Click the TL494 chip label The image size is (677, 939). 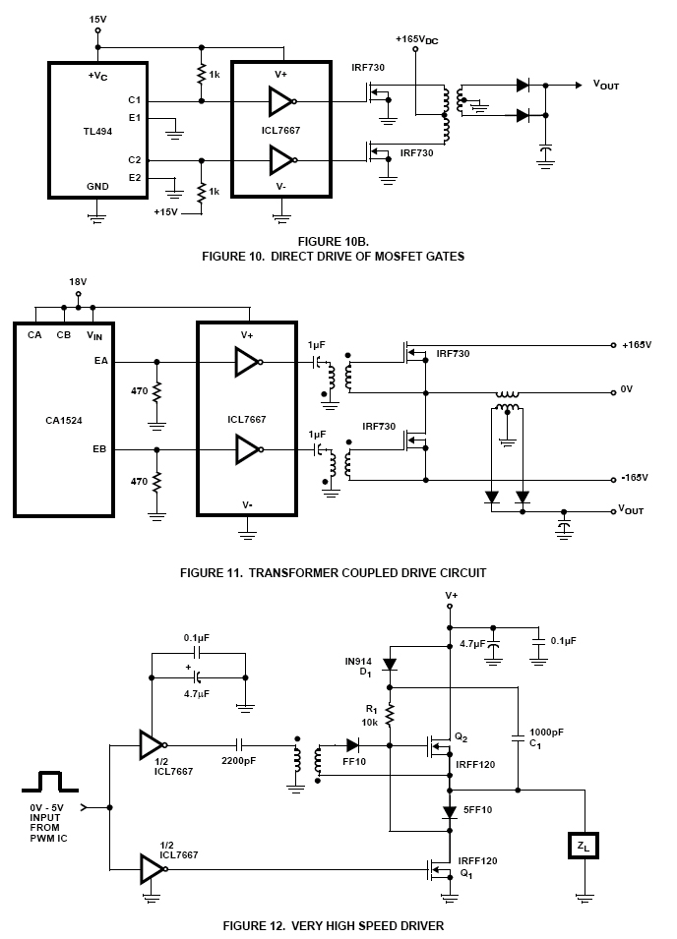97,131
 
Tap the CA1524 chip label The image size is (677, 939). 64,421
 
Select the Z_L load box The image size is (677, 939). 583,846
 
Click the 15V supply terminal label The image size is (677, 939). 97,20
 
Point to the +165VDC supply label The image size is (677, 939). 417,39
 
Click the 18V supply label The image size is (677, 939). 78,281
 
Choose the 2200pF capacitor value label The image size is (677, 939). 238,761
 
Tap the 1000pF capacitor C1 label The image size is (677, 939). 546,737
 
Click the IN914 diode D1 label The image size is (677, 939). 358,667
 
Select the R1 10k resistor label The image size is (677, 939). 371,716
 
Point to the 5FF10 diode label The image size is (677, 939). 477,809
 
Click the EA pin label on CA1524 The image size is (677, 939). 100,361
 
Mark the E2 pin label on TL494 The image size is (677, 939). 134,177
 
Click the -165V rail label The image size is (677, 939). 635,477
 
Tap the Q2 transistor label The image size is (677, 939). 461,737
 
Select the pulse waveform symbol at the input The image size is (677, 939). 50,781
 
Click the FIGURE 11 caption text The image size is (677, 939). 334,573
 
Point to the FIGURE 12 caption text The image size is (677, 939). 334,926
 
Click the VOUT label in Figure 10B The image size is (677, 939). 606,85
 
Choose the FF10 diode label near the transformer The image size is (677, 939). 354,761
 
